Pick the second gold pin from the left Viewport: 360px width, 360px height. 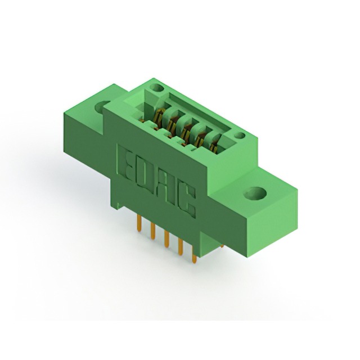pyautogui.click(x=152, y=231)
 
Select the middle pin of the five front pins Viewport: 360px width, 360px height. pyautogui.click(x=166, y=240)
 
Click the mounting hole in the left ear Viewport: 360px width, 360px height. pyautogui.click(x=105, y=106)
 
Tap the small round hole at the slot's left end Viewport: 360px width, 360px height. pyautogui.click(x=156, y=88)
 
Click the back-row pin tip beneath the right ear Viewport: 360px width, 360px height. pyautogui.click(x=222, y=246)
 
